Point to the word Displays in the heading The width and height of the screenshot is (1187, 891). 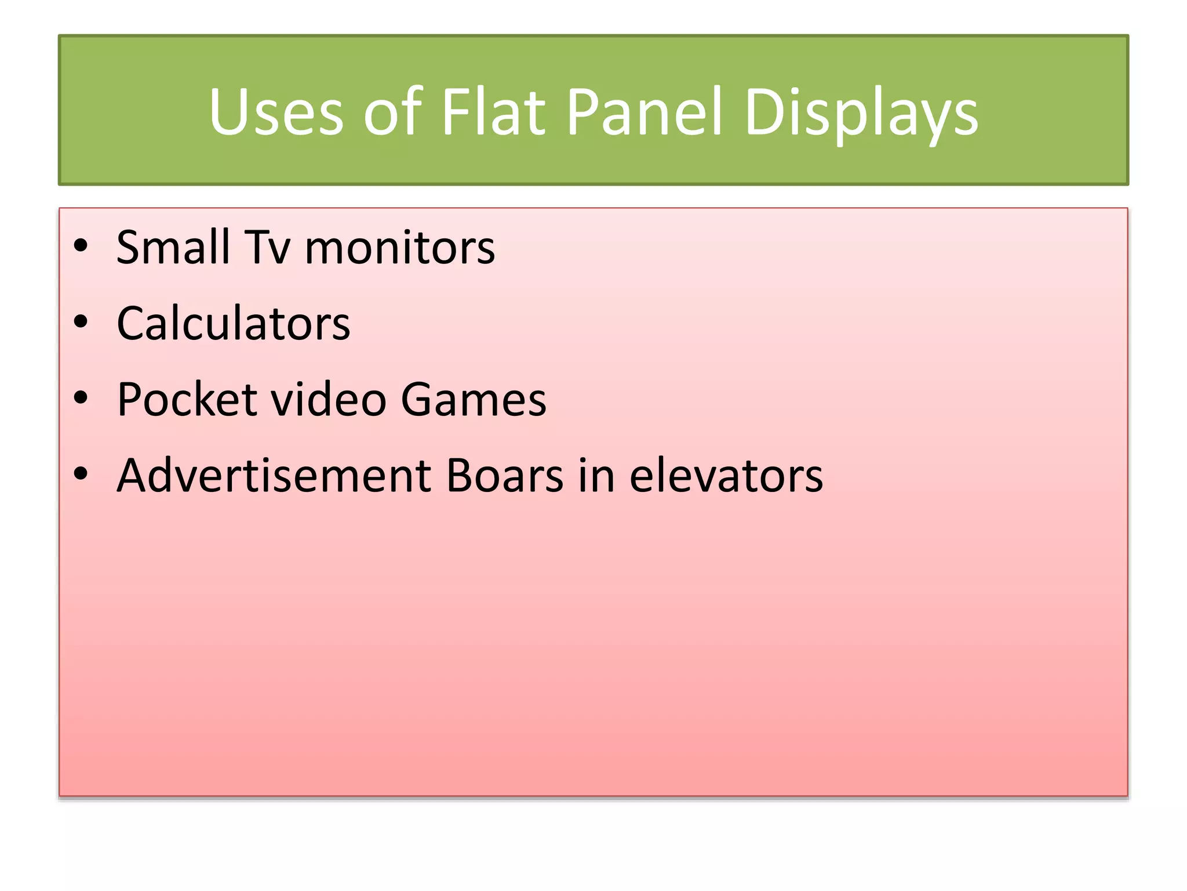click(x=861, y=113)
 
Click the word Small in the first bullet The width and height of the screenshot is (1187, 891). click(x=172, y=248)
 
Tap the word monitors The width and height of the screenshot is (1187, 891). click(x=400, y=248)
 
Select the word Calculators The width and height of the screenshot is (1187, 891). click(x=233, y=324)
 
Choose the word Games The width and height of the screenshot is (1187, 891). click(x=474, y=400)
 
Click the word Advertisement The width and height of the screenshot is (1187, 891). click(x=274, y=476)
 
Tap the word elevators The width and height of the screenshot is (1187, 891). click(x=726, y=476)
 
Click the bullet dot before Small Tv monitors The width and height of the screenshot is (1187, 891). click(x=81, y=246)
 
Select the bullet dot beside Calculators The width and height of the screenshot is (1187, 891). click(x=81, y=322)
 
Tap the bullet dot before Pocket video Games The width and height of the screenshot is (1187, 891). click(x=81, y=398)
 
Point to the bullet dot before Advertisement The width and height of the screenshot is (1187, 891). click(x=81, y=474)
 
